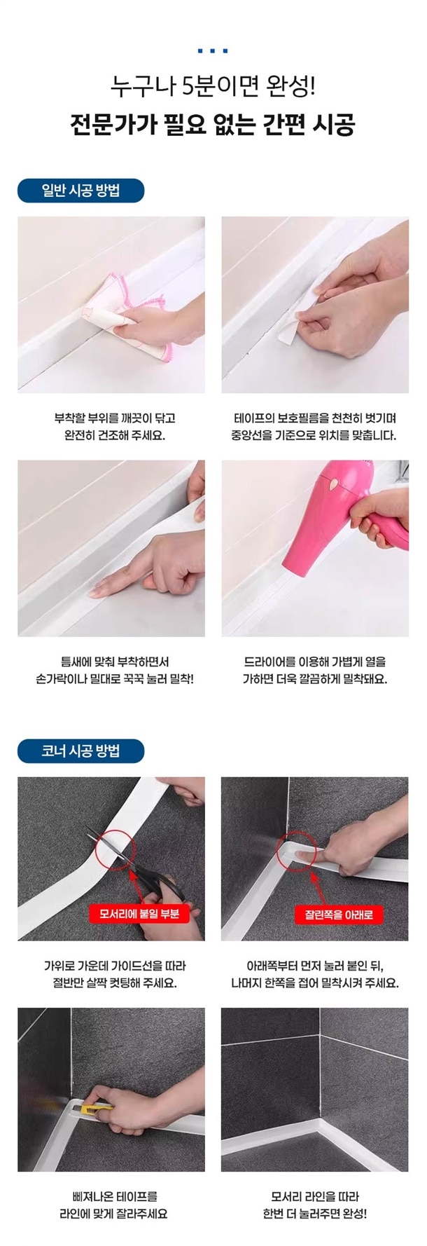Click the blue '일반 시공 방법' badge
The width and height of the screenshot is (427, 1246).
(81, 191)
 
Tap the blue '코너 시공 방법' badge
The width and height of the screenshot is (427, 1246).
(81, 751)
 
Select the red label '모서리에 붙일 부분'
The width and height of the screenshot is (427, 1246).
(139, 914)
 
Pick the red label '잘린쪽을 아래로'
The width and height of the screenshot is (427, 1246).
(339, 915)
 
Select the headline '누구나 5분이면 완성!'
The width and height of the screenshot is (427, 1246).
(213, 88)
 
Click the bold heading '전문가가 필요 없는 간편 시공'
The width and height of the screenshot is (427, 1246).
(213, 125)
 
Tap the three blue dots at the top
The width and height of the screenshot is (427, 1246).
(213, 50)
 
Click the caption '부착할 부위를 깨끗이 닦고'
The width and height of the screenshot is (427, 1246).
(115, 418)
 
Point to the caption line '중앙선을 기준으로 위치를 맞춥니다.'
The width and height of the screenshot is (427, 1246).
(314, 436)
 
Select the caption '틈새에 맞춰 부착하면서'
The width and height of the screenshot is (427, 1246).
(115, 661)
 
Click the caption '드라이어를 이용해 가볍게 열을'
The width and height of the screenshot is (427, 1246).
(315, 661)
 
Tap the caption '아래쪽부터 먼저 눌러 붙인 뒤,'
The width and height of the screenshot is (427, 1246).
(315, 965)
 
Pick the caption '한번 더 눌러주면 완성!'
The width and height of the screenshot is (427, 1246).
(315, 1214)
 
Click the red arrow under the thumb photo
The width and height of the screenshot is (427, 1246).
(313, 886)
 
